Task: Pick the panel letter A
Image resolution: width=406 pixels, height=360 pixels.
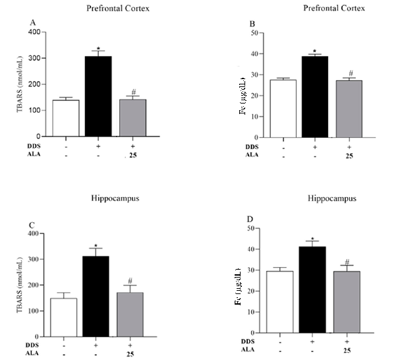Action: tap(31, 22)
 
